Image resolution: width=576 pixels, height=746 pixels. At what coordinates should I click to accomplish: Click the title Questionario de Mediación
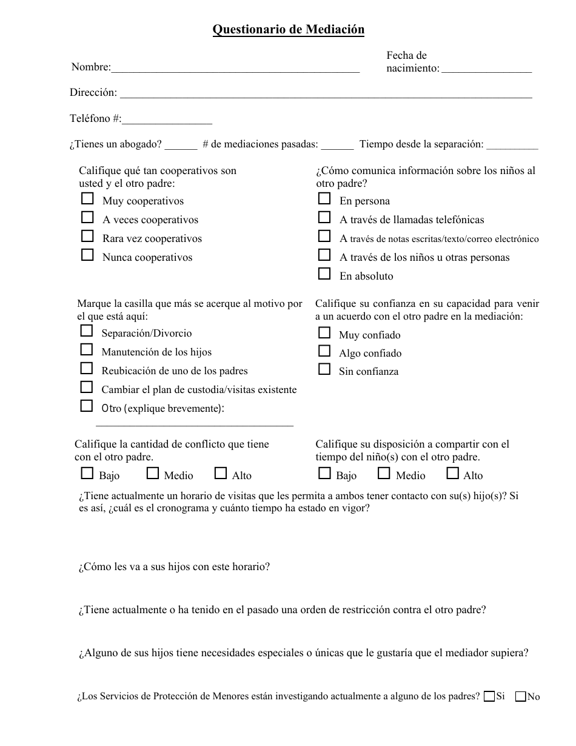(288, 30)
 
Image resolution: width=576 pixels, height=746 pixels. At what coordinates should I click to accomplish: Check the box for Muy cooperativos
(88, 199)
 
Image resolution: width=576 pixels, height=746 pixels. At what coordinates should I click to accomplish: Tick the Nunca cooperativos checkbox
(88, 255)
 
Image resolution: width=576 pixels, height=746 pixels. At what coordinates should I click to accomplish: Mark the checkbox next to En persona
(325, 199)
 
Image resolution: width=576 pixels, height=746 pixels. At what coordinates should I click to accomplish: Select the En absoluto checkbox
(325, 274)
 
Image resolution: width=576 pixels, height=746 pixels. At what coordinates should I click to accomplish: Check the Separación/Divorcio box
(87, 331)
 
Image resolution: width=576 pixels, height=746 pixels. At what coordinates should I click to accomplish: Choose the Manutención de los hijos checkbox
(87, 350)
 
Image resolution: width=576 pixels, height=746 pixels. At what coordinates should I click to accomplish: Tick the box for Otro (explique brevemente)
(87, 406)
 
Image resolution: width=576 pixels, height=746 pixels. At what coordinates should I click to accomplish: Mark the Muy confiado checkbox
(325, 333)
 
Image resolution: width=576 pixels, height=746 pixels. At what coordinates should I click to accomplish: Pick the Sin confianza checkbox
(325, 369)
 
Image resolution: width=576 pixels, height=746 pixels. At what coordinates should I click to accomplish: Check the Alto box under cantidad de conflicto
(221, 474)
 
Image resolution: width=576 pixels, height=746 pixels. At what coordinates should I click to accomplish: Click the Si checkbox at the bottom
(489, 697)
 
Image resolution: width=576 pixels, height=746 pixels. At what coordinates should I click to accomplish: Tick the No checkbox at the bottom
(520, 697)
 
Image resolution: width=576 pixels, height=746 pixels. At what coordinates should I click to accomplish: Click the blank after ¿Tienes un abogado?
(181, 145)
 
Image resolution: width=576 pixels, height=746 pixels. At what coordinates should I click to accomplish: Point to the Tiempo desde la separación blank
(512, 145)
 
